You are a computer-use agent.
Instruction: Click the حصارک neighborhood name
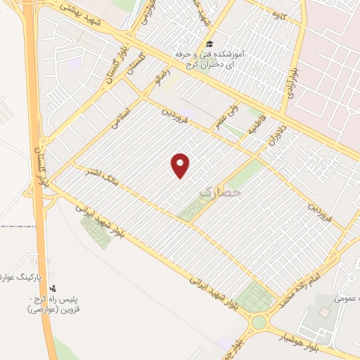coord(220,191)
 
